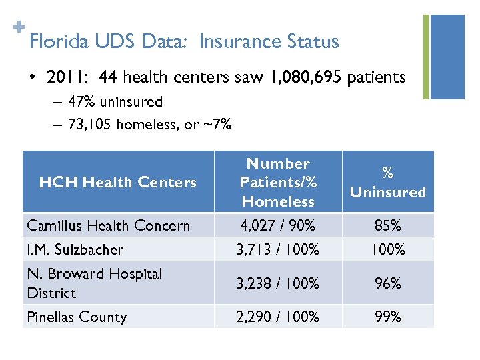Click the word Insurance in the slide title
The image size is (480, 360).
pos(235,42)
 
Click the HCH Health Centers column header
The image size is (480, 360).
pos(118,182)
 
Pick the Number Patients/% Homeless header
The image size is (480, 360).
pos(278,182)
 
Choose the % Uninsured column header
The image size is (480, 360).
pos(388,182)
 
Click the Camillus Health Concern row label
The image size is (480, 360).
pos(109,225)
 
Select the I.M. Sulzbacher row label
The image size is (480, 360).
pos(75,249)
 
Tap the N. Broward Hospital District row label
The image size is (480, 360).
pos(95,283)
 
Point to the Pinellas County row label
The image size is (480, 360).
pos(77,317)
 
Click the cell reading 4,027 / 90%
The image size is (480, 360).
pos(278,225)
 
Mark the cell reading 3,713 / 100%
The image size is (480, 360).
pos(278,250)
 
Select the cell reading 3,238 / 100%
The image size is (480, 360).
pos(278,283)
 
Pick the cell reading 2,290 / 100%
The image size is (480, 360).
pos(278,317)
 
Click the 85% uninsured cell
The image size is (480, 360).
pos(388,225)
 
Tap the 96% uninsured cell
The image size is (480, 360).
pos(388,283)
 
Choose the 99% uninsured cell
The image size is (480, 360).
pos(388,317)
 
